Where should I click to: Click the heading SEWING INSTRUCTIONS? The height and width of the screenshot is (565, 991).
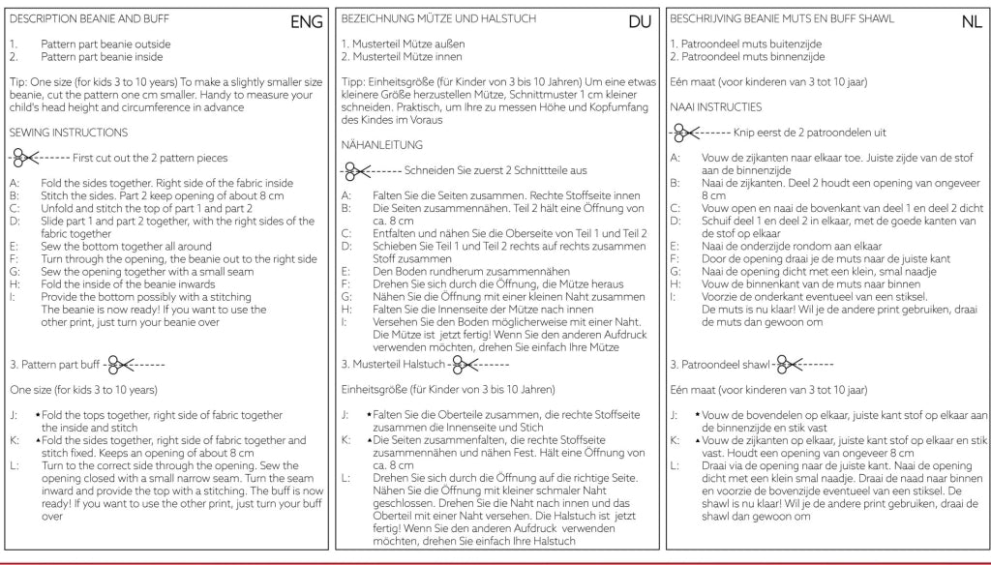click(68, 132)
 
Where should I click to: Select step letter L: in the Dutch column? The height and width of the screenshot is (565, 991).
click(675, 465)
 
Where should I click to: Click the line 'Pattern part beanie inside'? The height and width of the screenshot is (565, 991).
click(105, 57)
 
